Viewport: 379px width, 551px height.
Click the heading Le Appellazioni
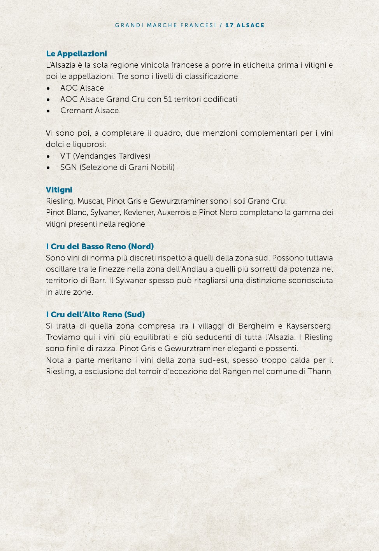pos(76,54)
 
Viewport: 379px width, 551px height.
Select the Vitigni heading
pos(59,190)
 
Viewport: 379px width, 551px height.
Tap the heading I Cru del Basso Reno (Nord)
pos(100,247)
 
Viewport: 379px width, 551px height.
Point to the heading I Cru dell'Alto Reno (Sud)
pos(95,315)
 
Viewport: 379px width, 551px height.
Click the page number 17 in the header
pos(230,25)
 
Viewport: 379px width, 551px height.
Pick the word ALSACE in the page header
pos(251,25)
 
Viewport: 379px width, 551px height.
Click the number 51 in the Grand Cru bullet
pos(167,99)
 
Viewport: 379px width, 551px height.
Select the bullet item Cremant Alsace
pos(90,110)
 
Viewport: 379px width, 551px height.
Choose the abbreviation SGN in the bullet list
pos(68,167)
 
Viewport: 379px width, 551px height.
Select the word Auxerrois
pos(174,212)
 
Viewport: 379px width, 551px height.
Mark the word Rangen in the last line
pos(237,371)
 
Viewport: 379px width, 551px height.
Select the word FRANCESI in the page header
pos(198,25)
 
